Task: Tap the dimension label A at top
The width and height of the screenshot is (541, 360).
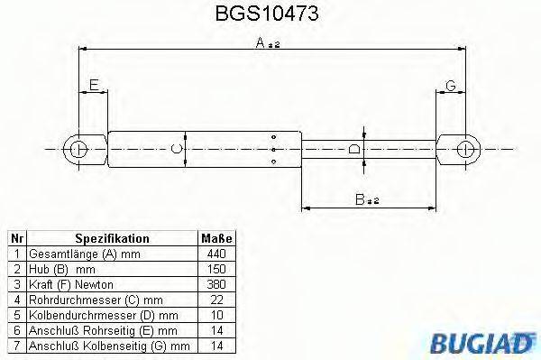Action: point(259,42)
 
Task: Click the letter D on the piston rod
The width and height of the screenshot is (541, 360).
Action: point(354,149)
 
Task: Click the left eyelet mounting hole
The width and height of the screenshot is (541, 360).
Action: point(78,149)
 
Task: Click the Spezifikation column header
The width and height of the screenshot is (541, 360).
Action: point(112,238)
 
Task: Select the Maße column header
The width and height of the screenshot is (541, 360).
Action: point(215,238)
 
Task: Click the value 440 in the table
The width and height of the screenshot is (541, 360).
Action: point(215,254)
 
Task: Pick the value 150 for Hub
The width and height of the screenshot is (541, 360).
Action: point(215,269)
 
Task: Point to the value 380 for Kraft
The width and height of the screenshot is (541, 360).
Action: point(215,284)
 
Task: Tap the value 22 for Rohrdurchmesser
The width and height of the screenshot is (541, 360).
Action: point(215,300)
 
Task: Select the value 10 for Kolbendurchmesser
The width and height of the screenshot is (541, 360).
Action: point(215,315)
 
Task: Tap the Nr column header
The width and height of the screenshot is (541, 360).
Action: point(16,238)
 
